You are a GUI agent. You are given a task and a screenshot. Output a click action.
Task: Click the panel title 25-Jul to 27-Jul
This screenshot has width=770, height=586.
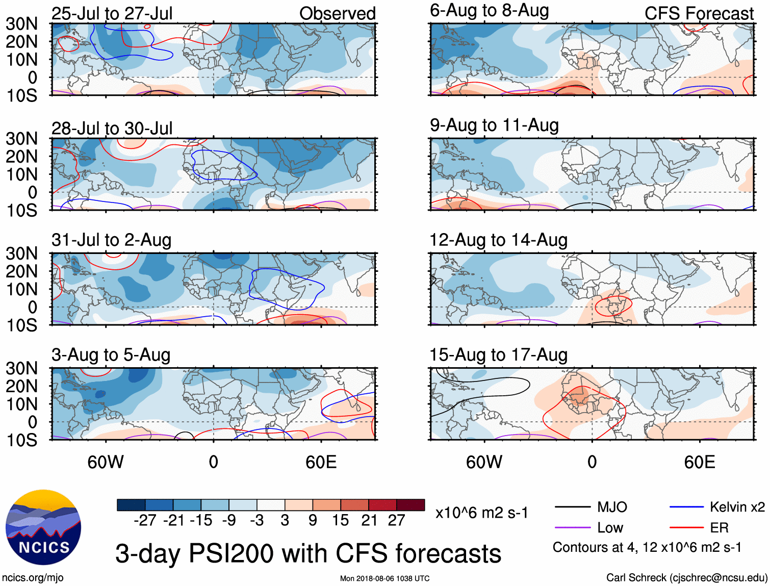click(x=112, y=14)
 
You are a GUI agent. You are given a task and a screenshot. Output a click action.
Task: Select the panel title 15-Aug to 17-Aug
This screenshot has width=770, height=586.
click(x=498, y=355)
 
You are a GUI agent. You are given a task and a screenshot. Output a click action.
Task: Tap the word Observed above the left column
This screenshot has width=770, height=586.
click(x=337, y=14)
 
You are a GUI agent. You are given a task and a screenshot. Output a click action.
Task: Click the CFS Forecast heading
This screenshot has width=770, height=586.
click(x=699, y=14)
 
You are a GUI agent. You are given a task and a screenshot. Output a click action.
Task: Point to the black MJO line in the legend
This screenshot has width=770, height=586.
click(x=572, y=507)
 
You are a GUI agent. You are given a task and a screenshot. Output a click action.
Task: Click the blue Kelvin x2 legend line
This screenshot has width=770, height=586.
click(x=686, y=507)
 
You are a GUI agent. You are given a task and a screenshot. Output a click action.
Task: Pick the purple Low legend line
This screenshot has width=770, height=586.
click(x=572, y=527)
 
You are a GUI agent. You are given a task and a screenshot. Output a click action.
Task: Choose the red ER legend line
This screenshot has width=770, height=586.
click(x=686, y=527)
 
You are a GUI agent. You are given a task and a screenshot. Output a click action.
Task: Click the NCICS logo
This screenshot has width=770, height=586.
click(x=43, y=527)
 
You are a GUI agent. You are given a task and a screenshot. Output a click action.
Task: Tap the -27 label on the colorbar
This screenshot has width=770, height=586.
click(x=144, y=520)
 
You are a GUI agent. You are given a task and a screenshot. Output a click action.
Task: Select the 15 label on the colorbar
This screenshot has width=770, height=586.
click(x=340, y=520)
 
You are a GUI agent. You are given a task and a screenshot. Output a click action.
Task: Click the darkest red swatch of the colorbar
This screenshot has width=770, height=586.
click(x=410, y=505)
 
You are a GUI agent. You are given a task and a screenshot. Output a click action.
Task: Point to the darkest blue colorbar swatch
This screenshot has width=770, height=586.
click(x=131, y=505)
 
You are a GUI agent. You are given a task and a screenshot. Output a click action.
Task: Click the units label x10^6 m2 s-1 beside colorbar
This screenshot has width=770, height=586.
click(x=481, y=513)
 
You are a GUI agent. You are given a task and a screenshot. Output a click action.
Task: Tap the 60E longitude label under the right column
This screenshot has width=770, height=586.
click(x=699, y=462)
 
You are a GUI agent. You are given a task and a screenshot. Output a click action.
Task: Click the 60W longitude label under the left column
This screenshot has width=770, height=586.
click(x=106, y=462)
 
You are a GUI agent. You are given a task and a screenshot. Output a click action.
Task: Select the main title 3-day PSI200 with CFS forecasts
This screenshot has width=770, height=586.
click(x=308, y=553)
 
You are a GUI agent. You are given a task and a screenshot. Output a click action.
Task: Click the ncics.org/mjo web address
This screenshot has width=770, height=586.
click(x=33, y=577)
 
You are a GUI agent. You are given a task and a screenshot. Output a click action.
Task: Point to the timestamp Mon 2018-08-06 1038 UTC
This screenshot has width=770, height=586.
click(x=384, y=578)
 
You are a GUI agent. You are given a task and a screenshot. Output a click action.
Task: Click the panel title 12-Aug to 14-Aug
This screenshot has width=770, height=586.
click(x=498, y=240)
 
